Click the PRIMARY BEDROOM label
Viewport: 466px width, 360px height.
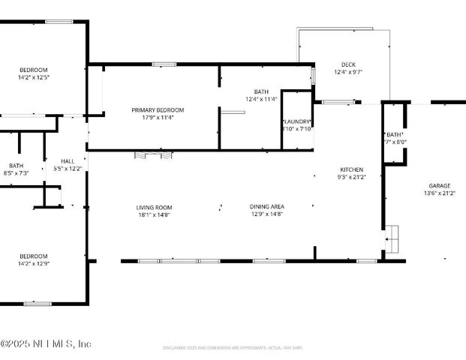click(158, 109)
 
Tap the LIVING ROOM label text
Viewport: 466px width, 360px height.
click(154, 207)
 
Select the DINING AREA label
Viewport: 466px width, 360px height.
click(266, 207)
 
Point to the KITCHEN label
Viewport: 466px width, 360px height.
click(351, 169)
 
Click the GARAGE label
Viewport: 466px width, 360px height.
click(439, 185)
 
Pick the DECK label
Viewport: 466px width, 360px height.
click(347, 64)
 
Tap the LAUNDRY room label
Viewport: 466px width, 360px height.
click(296, 121)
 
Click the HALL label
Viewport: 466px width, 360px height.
click(68, 161)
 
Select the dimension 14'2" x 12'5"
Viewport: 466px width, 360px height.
click(33, 76)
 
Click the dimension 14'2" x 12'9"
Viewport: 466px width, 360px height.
click(33, 263)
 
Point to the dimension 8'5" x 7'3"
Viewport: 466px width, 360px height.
click(17, 173)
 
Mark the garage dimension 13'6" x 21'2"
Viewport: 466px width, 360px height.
click(439, 193)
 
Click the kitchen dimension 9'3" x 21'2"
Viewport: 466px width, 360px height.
click(351, 177)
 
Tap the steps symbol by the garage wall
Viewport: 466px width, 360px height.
click(392, 240)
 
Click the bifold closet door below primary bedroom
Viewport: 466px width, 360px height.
click(154, 155)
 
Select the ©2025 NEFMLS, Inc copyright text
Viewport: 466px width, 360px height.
click(46, 344)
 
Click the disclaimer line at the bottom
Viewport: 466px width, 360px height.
click(233, 348)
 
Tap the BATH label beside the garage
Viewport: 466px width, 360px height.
click(394, 134)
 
